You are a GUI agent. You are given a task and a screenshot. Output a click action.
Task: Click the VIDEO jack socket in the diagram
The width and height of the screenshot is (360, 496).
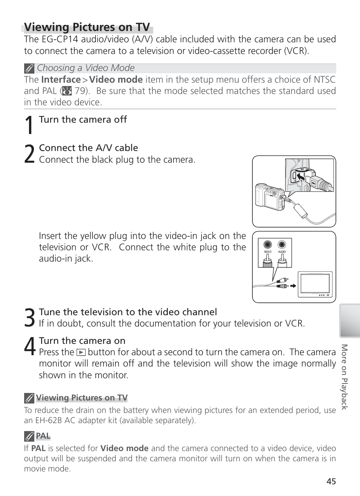coord(268,245)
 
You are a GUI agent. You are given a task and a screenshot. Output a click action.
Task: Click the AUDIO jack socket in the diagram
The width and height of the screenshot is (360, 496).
coord(282,245)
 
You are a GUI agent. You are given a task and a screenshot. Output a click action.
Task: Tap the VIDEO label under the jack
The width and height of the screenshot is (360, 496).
coord(268,252)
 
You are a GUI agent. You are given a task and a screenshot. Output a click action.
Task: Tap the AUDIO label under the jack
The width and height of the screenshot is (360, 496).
coord(282,252)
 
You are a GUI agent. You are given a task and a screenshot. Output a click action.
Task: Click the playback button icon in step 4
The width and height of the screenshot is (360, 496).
coord(81,353)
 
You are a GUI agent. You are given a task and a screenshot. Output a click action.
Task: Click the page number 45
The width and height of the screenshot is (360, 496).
coord(331,481)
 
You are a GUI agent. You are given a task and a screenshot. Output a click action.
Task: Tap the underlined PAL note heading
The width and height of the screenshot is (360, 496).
coord(43,436)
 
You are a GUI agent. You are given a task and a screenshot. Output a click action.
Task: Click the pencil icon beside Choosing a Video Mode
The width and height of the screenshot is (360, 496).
coord(29,68)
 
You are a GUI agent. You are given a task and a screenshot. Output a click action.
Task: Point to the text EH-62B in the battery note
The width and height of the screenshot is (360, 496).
coord(48,421)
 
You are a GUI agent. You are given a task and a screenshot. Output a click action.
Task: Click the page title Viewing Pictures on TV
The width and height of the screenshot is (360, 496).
coord(87,27)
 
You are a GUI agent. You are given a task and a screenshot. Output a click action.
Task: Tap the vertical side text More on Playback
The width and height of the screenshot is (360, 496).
coord(344,376)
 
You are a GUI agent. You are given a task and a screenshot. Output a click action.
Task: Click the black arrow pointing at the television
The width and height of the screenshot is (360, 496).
coord(292,286)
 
